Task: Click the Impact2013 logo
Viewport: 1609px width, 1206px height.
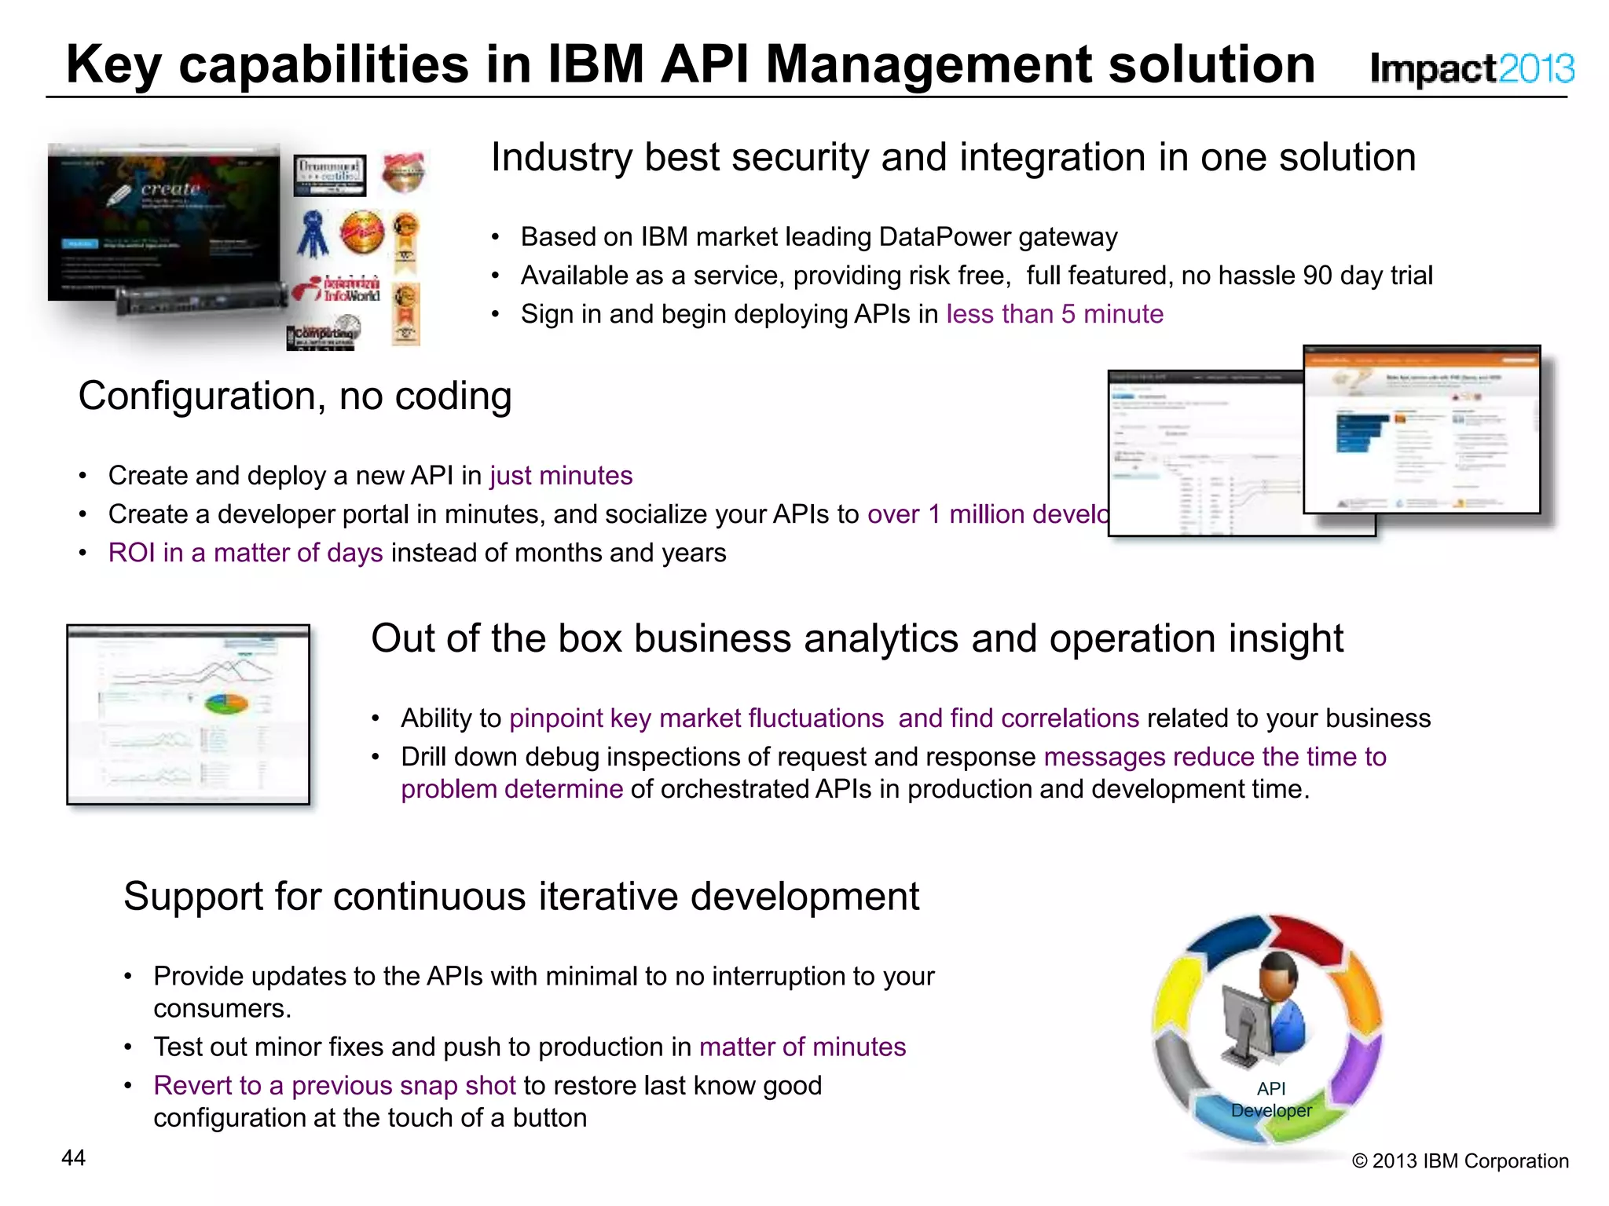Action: tap(1471, 68)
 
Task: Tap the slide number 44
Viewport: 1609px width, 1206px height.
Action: tap(73, 1158)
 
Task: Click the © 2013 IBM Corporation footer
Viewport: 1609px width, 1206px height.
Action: tap(1460, 1160)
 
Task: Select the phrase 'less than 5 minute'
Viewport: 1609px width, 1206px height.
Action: tap(1054, 314)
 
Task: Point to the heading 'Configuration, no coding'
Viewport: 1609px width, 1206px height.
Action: tap(295, 396)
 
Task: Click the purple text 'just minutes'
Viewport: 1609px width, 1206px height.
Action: tap(560, 476)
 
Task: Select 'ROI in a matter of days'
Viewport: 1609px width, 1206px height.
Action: tap(245, 553)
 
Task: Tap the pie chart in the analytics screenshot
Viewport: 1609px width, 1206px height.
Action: tap(226, 703)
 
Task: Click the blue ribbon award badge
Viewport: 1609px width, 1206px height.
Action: tap(313, 234)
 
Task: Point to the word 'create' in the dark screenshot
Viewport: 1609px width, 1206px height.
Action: tap(170, 188)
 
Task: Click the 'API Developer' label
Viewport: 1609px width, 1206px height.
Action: tap(1270, 1099)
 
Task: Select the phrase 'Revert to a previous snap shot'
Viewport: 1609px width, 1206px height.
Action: tap(335, 1085)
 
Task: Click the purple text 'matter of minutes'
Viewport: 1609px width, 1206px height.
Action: tap(802, 1047)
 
